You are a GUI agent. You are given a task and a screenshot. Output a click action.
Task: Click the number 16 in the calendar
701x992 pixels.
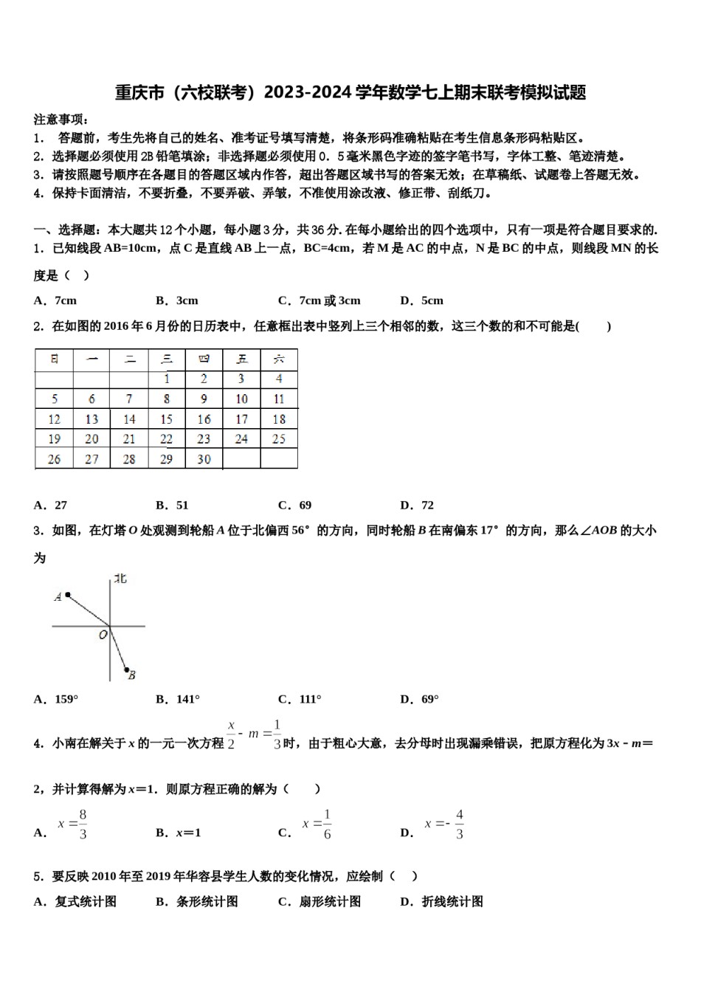(x=204, y=419)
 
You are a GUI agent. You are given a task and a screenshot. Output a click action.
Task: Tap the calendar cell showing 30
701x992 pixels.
(x=204, y=459)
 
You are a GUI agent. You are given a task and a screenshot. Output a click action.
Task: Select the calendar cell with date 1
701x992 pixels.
(x=167, y=379)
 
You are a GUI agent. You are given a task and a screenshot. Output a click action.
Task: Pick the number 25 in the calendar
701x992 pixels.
(x=279, y=439)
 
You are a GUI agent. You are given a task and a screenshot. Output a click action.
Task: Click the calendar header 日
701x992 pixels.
(x=54, y=359)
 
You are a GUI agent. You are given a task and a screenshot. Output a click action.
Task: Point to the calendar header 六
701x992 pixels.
(x=279, y=359)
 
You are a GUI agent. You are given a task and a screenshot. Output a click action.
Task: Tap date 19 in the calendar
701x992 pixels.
(x=54, y=439)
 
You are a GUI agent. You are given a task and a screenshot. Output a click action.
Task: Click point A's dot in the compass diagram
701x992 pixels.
(x=68, y=594)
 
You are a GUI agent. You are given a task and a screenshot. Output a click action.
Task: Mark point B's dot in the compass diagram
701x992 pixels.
(x=126, y=669)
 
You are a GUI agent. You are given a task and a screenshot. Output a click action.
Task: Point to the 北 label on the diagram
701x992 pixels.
(x=120, y=579)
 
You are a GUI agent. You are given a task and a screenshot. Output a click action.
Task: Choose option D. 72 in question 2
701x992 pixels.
(x=417, y=506)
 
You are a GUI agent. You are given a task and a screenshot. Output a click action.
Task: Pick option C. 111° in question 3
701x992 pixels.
(x=300, y=699)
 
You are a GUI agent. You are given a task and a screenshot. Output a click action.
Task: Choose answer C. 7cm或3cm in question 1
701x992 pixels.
(x=320, y=300)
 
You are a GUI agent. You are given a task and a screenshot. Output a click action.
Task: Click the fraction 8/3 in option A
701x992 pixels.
(x=83, y=824)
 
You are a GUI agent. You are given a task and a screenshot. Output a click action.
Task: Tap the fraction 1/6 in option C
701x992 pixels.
(x=327, y=824)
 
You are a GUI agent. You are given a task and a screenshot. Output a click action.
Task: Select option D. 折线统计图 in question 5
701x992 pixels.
(x=441, y=901)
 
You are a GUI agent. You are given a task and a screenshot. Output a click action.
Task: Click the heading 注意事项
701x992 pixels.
(x=61, y=120)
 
